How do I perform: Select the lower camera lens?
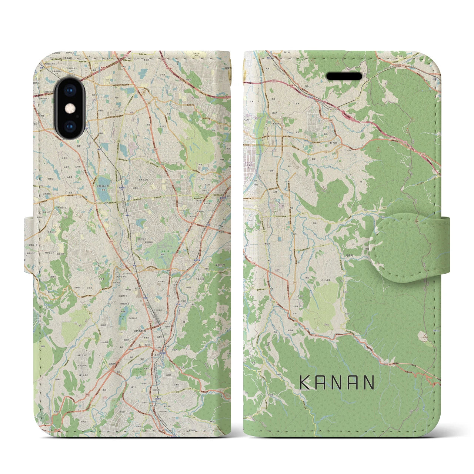[69, 124]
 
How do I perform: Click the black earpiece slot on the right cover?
[344, 76]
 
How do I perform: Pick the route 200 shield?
[312, 246]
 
